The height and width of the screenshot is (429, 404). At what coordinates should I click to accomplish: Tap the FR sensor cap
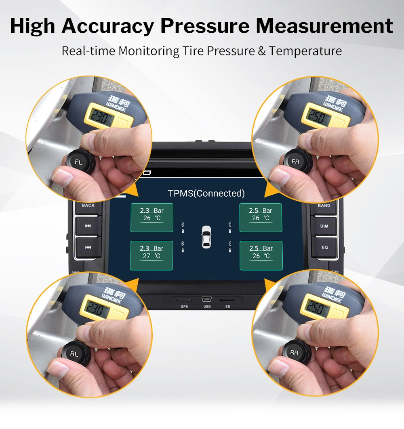coord(296,162)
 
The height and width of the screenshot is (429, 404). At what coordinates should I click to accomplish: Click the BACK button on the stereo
coord(88,205)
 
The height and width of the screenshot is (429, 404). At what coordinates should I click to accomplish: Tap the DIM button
coord(324,226)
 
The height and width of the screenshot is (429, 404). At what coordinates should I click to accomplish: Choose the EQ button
coord(324,247)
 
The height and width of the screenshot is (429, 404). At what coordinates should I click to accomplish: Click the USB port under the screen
coord(207,300)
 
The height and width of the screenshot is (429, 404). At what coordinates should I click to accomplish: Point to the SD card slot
coord(228,301)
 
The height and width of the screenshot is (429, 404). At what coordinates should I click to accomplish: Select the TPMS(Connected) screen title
coord(206,193)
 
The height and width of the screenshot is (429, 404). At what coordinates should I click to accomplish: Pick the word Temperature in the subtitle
coord(305,51)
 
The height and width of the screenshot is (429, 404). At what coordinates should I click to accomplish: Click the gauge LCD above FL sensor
coord(99,116)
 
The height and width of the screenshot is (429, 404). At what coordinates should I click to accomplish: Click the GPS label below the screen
coord(184,307)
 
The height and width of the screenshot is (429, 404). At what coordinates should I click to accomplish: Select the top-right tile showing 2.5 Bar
coord(261,218)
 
